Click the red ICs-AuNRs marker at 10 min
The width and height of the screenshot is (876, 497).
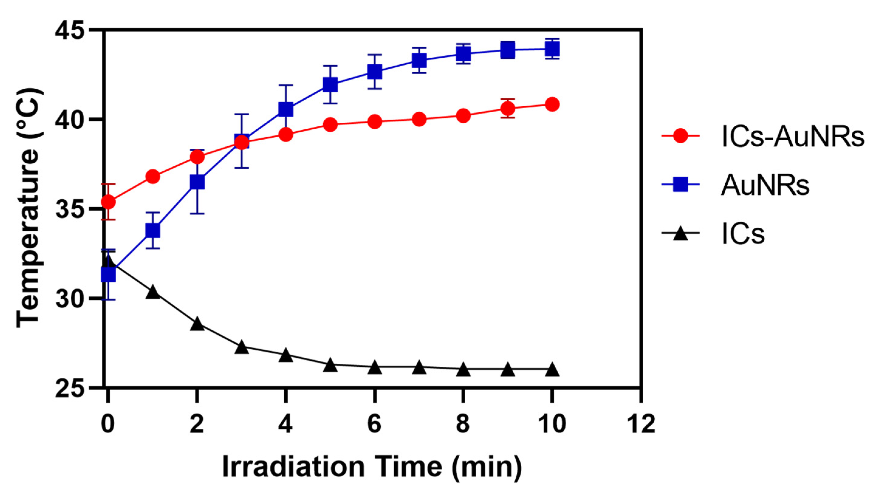click(x=552, y=104)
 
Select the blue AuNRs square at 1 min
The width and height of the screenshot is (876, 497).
click(x=152, y=230)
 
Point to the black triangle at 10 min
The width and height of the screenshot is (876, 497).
click(x=552, y=370)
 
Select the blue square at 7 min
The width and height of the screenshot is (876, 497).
click(x=419, y=61)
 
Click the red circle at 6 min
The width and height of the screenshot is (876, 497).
click(x=375, y=121)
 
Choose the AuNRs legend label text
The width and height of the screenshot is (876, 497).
click(x=765, y=186)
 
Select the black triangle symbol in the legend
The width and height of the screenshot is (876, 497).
click(x=680, y=234)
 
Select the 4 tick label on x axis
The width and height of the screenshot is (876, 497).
click(x=286, y=424)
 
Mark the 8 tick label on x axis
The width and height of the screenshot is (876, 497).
click(x=463, y=424)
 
